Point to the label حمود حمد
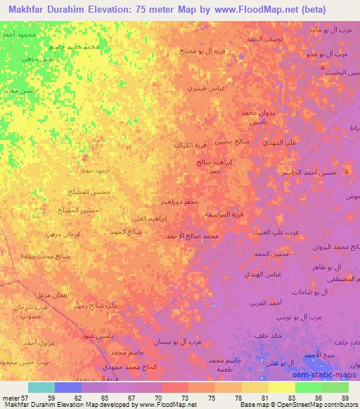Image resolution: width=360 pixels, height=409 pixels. (96, 170)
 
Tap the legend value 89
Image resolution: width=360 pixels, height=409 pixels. (347, 396)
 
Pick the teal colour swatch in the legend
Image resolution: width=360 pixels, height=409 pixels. (41, 387)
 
